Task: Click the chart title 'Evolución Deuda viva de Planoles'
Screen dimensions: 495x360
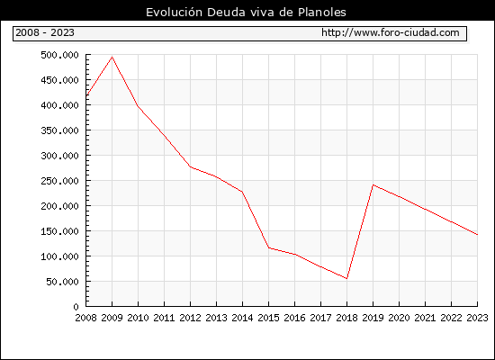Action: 246,13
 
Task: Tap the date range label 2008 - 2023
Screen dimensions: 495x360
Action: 45,32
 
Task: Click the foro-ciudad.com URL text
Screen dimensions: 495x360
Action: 391,32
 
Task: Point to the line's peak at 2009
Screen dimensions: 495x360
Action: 112,58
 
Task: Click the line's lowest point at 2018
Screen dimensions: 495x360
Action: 346,278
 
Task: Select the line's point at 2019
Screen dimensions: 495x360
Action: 373,184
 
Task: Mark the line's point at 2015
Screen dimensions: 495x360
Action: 269,247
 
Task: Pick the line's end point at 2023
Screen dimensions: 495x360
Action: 477,235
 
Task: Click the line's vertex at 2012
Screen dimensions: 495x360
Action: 191,166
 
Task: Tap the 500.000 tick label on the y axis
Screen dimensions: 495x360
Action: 59,55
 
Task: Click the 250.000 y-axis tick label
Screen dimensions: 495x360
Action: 59,181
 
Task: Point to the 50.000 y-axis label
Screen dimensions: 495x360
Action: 62,282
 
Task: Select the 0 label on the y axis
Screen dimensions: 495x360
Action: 76,307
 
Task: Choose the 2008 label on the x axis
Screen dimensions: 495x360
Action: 85,318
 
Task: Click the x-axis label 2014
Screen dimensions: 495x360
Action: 242,318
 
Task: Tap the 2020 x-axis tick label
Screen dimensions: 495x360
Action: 399,318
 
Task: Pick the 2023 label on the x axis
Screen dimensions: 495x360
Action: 477,318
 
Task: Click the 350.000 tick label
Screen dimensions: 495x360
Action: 59,130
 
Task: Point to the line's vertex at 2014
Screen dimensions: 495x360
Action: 242,192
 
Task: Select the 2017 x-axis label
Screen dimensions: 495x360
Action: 320,318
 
